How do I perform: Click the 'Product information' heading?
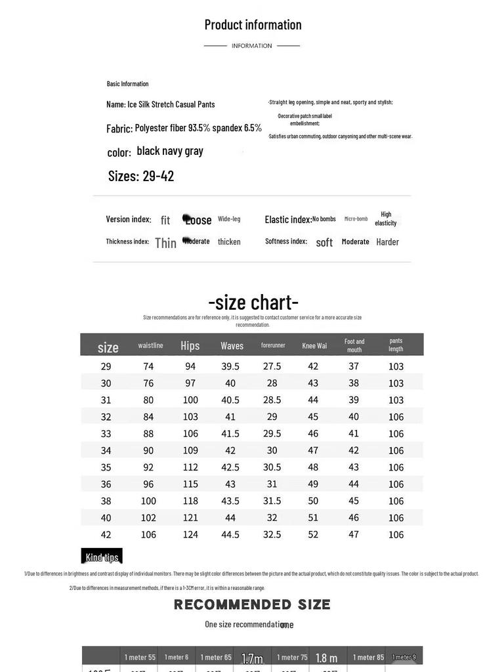(x=253, y=25)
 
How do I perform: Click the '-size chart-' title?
(x=253, y=303)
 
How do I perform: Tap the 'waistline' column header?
(x=150, y=345)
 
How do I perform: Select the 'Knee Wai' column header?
(x=314, y=346)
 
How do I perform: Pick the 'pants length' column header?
(x=396, y=345)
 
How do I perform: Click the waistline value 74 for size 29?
(x=148, y=366)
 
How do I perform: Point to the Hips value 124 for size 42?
(x=190, y=535)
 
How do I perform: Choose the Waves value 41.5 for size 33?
(x=230, y=434)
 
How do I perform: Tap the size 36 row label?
(x=106, y=484)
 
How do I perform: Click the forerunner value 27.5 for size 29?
(x=272, y=366)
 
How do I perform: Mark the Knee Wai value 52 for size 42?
(x=313, y=535)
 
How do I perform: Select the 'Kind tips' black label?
(x=102, y=557)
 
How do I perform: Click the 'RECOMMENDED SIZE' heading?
(x=252, y=604)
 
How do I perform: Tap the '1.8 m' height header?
(x=326, y=658)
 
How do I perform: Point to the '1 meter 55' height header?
(x=140, y=657)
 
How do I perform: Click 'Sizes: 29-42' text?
(x=141, y=176)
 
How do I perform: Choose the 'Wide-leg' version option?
(x=229, y=219)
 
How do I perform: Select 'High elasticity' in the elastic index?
(x=386, y=219)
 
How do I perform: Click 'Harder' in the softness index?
(x=387, y=242)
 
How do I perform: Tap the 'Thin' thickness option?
(x=165, y=243)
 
